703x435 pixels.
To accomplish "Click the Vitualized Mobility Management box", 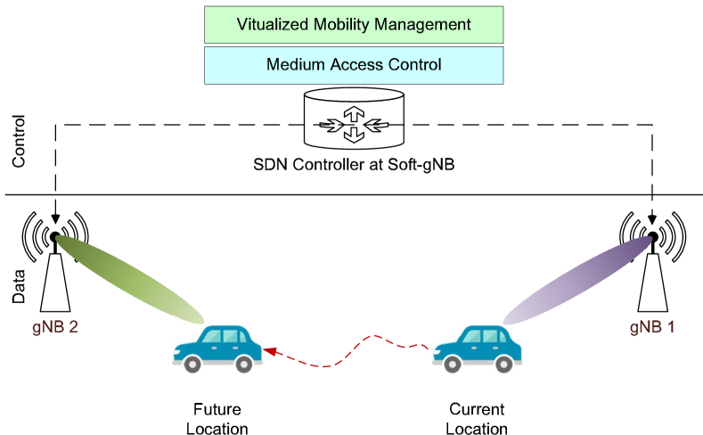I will click(x=354, y=25).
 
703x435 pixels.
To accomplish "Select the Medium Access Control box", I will click(x=354, y=65).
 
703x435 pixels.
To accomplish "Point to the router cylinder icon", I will click(x=354, y=119).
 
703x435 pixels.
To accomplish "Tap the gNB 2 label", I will click(x=55, y=326).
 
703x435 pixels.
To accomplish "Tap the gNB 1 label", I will click(x=652, y=326).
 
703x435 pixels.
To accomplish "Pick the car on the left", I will click(x=217, y=349).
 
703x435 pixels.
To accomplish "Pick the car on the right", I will click(x=477, y=349).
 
